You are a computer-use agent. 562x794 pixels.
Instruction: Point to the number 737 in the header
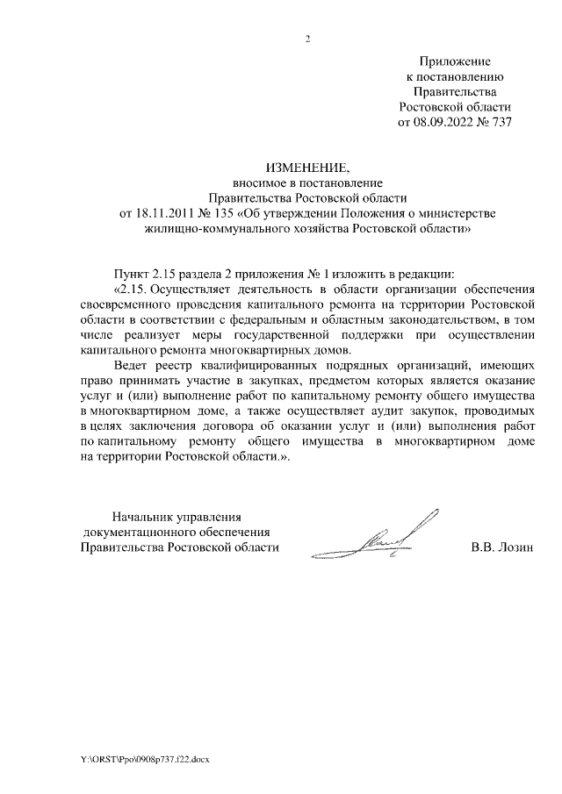coord(499,123)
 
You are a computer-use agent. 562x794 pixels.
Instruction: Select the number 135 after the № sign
coord(222,214)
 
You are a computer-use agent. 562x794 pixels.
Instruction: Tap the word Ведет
coord(133,366)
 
